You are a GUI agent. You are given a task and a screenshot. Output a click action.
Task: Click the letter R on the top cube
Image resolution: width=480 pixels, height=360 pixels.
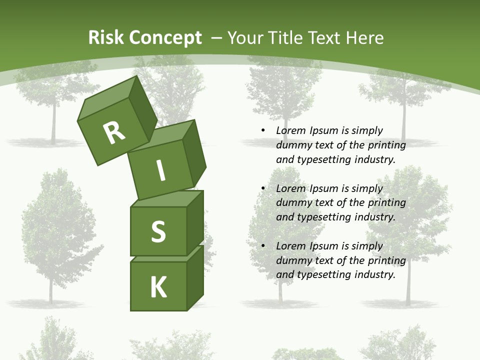click(114, 132)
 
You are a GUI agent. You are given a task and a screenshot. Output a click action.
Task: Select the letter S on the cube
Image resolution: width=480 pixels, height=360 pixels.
click(158, 231)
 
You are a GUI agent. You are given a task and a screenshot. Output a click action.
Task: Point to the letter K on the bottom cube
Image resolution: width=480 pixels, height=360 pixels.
click(158, 287)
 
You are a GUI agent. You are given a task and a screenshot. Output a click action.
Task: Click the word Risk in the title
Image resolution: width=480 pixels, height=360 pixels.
click(106, 37)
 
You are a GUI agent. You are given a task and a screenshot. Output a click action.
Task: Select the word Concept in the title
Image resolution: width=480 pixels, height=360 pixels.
click(165, 37)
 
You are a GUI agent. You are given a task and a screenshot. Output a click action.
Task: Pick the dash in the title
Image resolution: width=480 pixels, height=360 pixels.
click(217, 38)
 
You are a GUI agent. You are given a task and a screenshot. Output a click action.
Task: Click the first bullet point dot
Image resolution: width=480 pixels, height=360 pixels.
click(263, 131)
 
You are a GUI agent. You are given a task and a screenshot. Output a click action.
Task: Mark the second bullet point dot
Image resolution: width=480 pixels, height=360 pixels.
click(263, 188)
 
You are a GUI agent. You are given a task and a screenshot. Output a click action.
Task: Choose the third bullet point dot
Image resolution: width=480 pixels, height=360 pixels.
click(263, 246)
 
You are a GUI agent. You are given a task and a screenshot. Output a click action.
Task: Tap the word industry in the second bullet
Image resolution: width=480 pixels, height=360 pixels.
click(374, 217)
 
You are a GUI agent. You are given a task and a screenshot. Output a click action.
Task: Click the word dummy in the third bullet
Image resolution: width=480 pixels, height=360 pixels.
click(291, 260)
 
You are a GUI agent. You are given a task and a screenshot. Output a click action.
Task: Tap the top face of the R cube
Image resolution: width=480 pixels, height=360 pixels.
click(107, 98)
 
